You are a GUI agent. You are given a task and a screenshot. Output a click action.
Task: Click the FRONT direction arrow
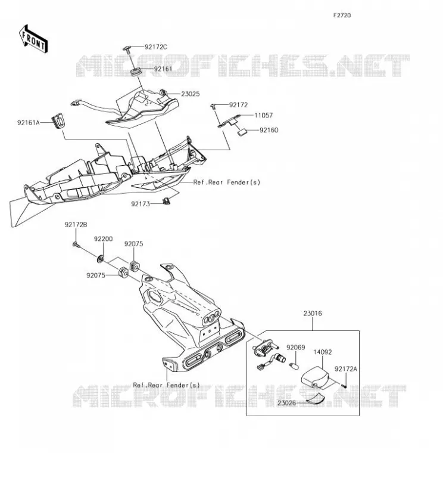click(33, 39)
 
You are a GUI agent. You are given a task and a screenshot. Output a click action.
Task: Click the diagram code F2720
click(342, 16)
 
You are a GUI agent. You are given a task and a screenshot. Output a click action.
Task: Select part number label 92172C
click(156, 47)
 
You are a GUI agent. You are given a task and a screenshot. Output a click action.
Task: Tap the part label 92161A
click(28, 123)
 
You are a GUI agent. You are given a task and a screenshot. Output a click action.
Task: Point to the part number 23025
click(191, 94)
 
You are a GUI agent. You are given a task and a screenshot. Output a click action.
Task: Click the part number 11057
click(263, 115)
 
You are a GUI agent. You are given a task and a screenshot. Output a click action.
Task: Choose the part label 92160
click(269, 130)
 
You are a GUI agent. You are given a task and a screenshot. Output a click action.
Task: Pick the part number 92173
click(141, 204)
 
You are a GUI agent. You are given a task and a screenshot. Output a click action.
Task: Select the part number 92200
click(103, 239)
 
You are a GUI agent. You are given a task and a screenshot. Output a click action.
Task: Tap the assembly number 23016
click(313, 313)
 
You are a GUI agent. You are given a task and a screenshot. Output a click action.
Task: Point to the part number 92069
click(296, 348)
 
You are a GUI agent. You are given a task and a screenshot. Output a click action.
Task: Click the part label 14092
click(323, 352)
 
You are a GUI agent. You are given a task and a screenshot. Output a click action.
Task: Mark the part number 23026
click(286, 403)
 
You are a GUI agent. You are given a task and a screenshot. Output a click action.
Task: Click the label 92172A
click(346, 369)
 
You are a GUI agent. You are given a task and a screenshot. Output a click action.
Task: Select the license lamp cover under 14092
click(316, 377)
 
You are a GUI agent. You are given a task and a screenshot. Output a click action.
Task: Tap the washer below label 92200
click(100, 259)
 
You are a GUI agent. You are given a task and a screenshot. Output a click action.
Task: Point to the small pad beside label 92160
click(242, 132)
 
